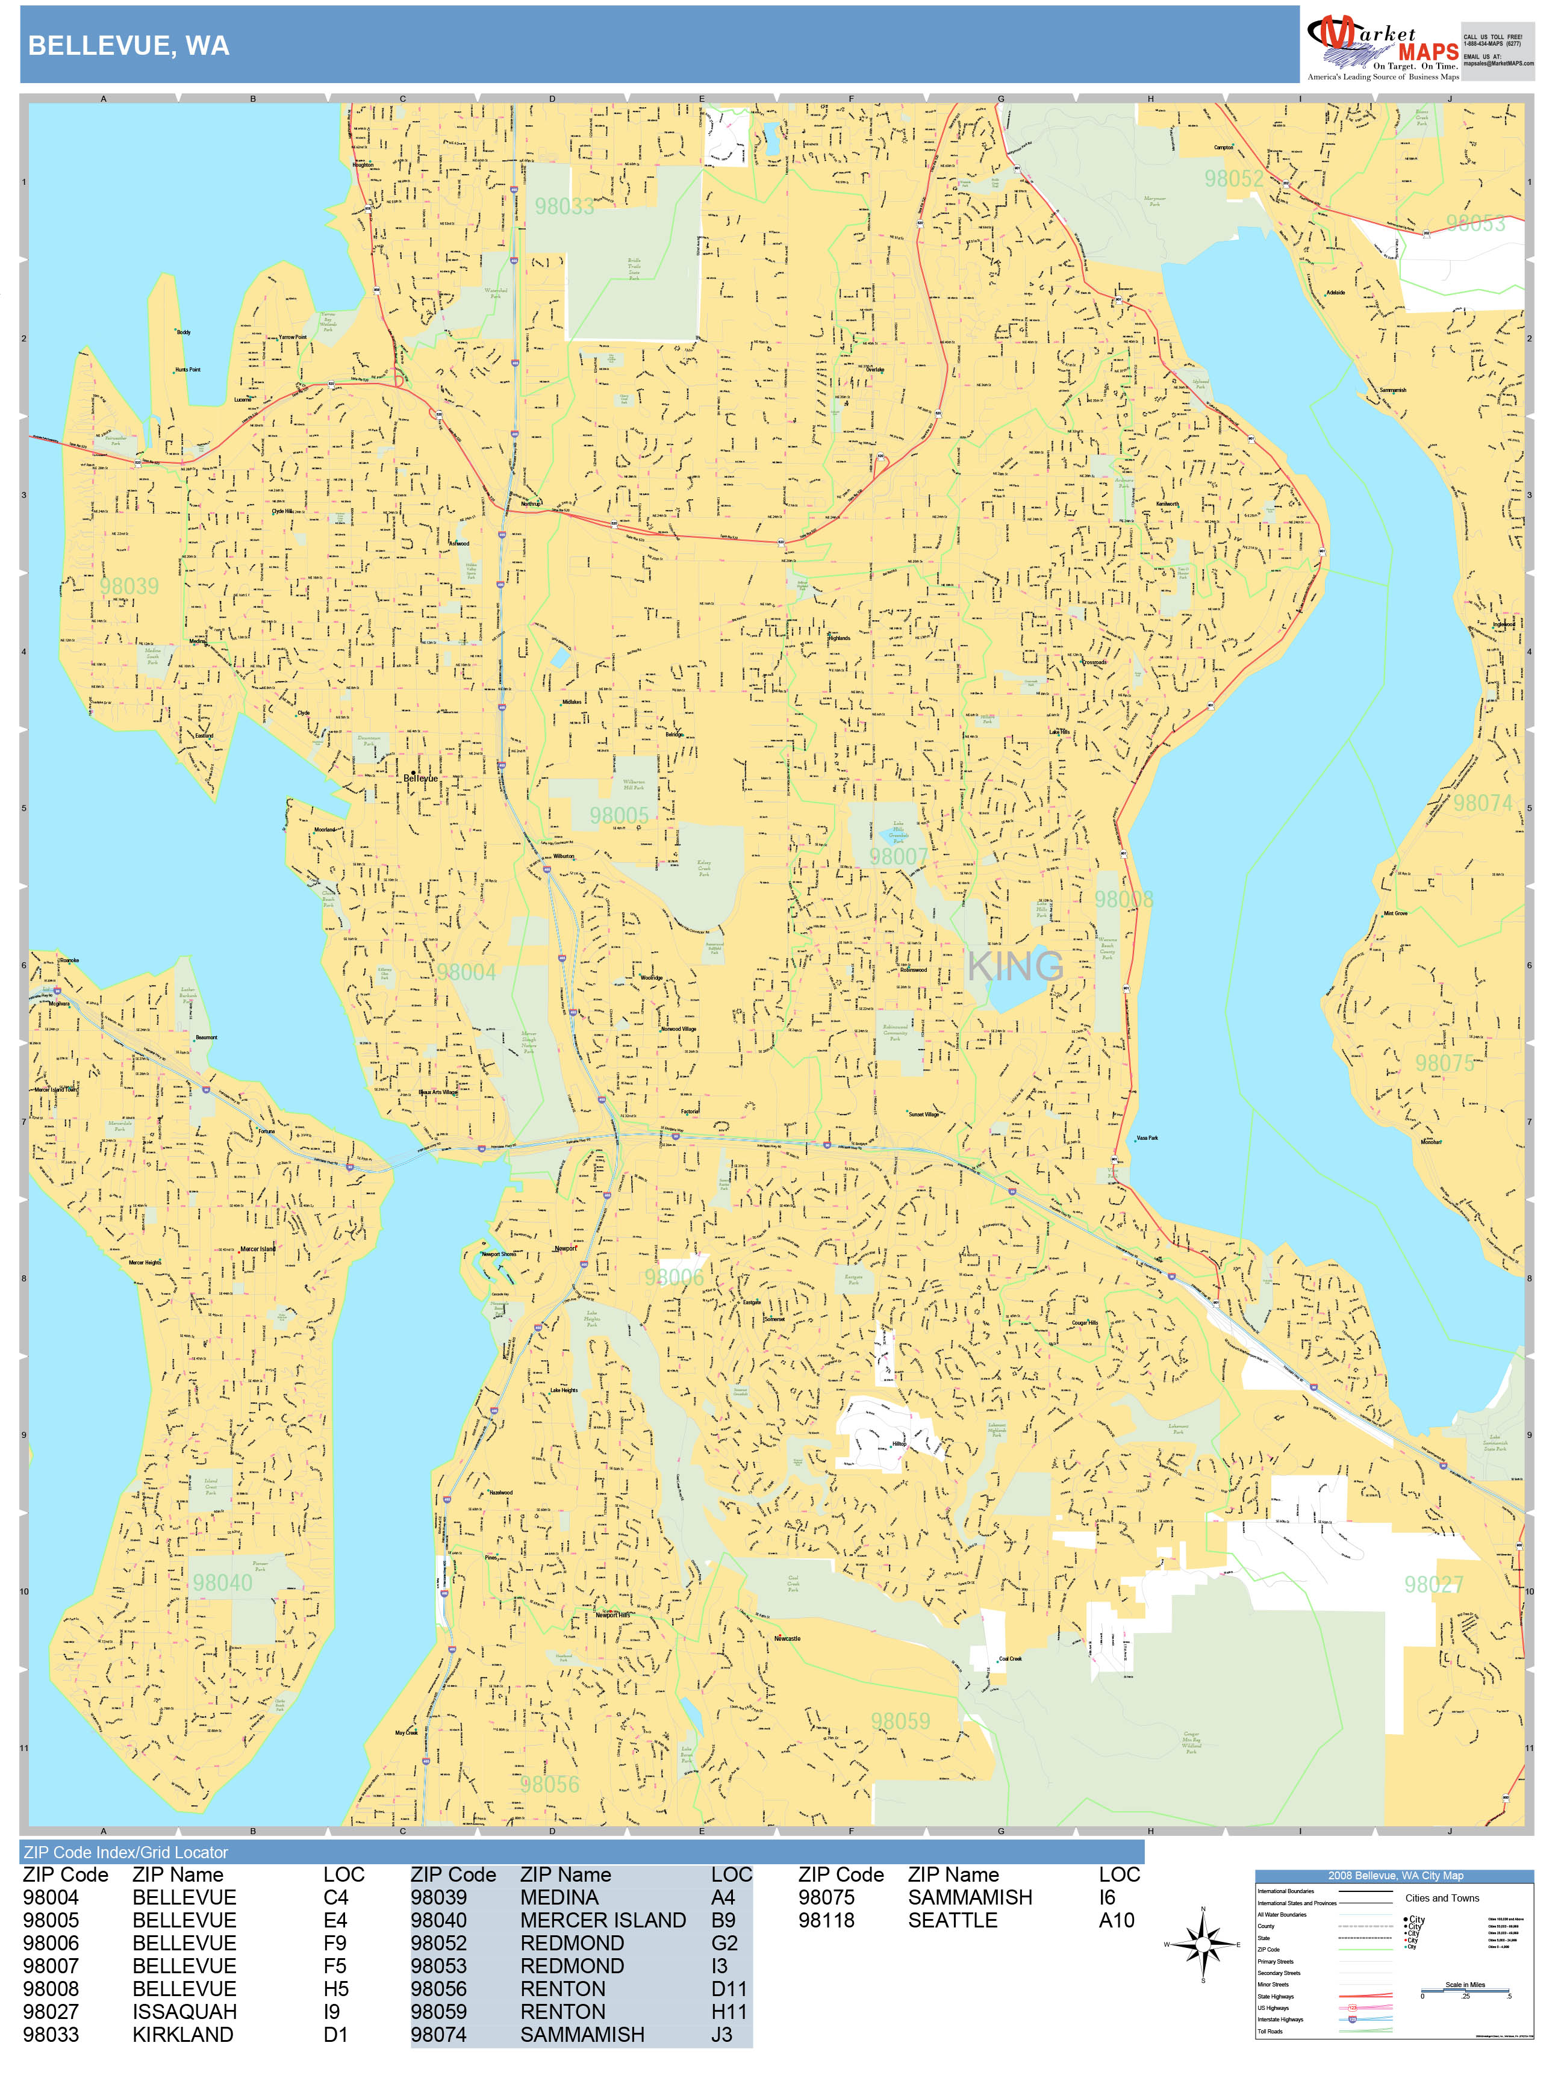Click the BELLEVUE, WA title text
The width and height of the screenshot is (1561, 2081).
pos(129,46)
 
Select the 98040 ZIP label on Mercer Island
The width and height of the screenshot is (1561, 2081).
pos(222,1582)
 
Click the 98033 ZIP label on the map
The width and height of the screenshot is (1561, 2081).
pos(564,206)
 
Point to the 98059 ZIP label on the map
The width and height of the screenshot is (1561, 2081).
pos(900,1721)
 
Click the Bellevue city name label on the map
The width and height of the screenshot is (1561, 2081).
pos(420,778)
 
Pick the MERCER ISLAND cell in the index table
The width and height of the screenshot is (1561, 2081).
pos(603,1920)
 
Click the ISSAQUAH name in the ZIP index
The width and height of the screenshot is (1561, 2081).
pos(184,2011)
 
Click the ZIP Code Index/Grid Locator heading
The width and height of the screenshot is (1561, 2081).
pos(126,1852)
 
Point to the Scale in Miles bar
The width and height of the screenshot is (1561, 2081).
pos(1465,1992)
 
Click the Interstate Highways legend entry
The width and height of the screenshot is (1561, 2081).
pos(1280,2019)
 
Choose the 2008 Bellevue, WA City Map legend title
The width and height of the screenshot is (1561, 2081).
pos(1394,1875)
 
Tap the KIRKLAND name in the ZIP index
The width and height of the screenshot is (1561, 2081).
pos(182,2034)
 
